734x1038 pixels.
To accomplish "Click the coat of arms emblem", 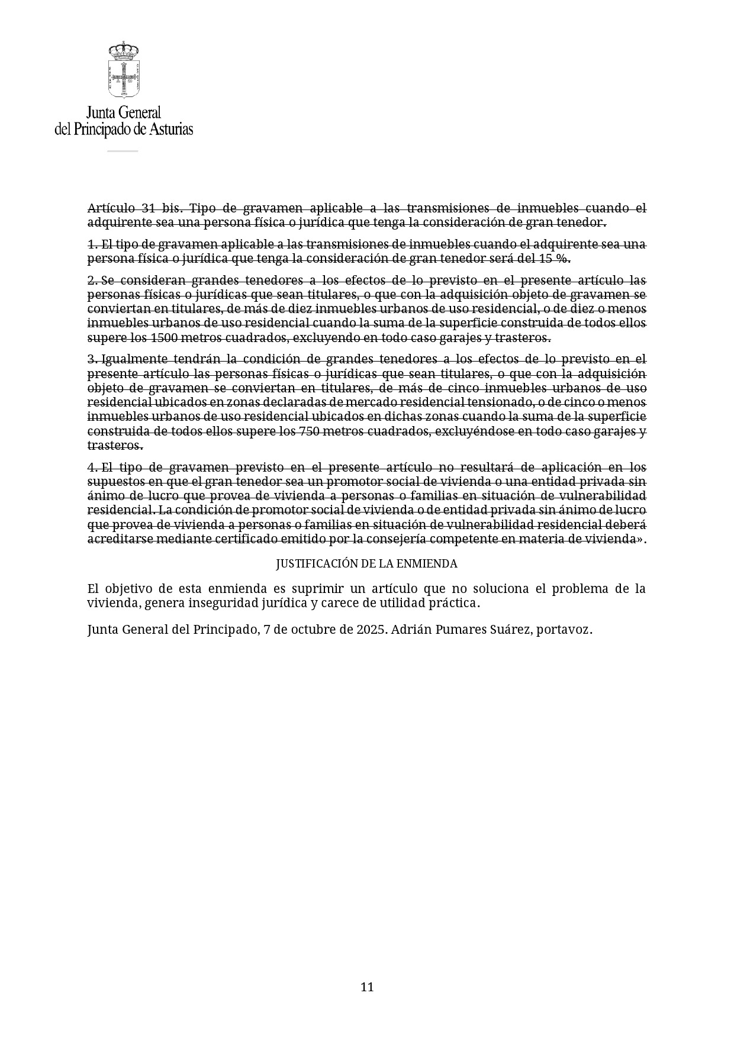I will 123,70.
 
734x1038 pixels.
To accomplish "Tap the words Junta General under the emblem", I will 124,112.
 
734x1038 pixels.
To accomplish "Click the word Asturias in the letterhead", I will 170,129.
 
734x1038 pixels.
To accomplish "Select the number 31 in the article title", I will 149,208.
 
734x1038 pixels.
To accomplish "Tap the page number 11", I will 367,987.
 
